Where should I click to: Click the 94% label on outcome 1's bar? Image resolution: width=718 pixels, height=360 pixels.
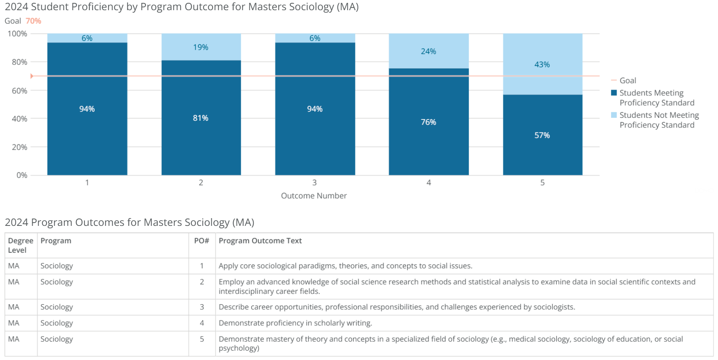coord(87,109)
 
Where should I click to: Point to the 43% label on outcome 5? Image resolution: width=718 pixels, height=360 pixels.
coord(542,64)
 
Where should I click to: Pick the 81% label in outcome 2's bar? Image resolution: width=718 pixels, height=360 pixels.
coord(201,118)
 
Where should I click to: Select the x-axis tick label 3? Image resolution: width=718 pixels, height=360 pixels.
coord(315,183)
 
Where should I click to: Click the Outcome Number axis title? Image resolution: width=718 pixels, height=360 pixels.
coord(314,196)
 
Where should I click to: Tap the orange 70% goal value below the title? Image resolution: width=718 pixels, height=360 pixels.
coord(33,21)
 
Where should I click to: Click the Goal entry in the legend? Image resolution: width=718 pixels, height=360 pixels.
coord(628,80)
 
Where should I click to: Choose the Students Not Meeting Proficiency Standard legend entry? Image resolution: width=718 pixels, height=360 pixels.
coord(658,120)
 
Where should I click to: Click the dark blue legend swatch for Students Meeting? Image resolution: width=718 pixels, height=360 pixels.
coord(614,93)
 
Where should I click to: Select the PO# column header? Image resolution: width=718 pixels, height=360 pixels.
coord(202,241)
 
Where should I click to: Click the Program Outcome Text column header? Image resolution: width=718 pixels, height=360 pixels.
coord(260,241)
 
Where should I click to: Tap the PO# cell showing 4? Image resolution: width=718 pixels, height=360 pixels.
coord(202,323)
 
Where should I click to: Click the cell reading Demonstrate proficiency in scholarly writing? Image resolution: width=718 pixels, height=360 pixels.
coord(295,323)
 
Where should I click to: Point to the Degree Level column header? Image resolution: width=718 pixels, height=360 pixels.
coord(20,245)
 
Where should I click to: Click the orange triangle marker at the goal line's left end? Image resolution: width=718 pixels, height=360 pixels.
coord(32,76)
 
